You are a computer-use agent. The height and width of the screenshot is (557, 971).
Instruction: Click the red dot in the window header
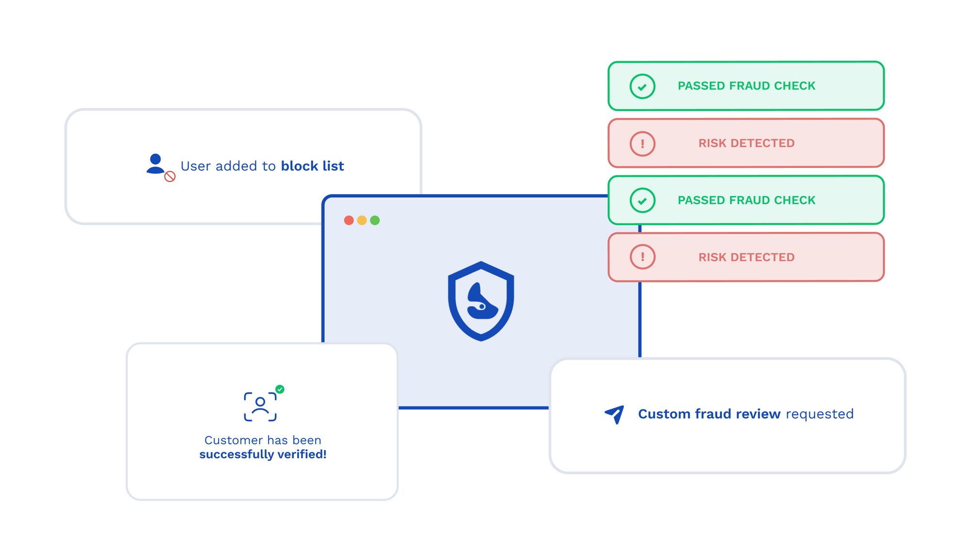[349, 220]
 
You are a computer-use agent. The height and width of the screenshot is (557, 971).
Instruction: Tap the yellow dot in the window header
[362, 220]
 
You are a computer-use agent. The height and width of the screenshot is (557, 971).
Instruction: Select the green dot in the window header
[375, 220]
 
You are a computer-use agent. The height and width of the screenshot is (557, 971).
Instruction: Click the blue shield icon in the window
[481, 301]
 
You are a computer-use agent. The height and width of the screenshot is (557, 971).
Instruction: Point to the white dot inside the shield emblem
[482, 307]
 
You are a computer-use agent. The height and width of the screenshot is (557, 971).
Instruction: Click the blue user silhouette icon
[155, 164]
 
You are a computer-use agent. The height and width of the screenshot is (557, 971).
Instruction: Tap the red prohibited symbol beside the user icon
[170, 177]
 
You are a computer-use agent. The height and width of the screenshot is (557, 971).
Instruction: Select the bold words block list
[312, 166]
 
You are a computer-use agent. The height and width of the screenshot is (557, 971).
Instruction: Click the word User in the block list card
[196, 166]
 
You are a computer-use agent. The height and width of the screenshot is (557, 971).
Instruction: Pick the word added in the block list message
[236, 166]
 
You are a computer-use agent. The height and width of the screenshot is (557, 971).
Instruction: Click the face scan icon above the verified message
[260, 407]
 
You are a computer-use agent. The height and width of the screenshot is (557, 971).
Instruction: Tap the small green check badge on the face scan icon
[280, 389]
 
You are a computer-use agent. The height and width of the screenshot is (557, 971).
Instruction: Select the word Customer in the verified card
[234, 440]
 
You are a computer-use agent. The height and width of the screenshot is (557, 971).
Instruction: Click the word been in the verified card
[306, 440]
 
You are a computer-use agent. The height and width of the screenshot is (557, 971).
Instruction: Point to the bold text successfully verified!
[263, 454]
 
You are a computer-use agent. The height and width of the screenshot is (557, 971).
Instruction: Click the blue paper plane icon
[615, 414]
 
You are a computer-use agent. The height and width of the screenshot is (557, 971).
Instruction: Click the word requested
[820, 414]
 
